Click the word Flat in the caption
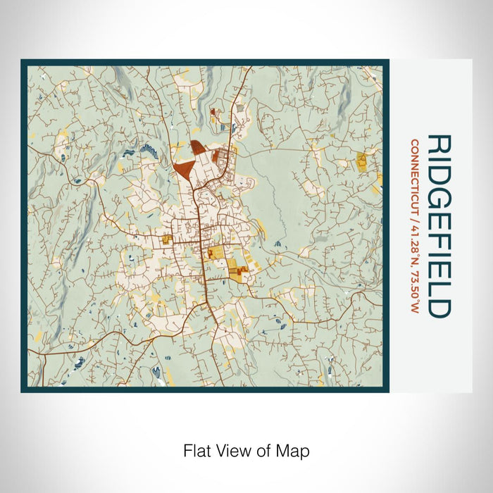pos(196,450)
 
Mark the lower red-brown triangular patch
pos(184,170)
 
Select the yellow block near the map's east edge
pos(362,161)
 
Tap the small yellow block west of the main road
pos(167,240)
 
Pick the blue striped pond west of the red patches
pos(149,149)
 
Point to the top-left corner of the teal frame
pos(23,61)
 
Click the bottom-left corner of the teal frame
pos(23,390)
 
